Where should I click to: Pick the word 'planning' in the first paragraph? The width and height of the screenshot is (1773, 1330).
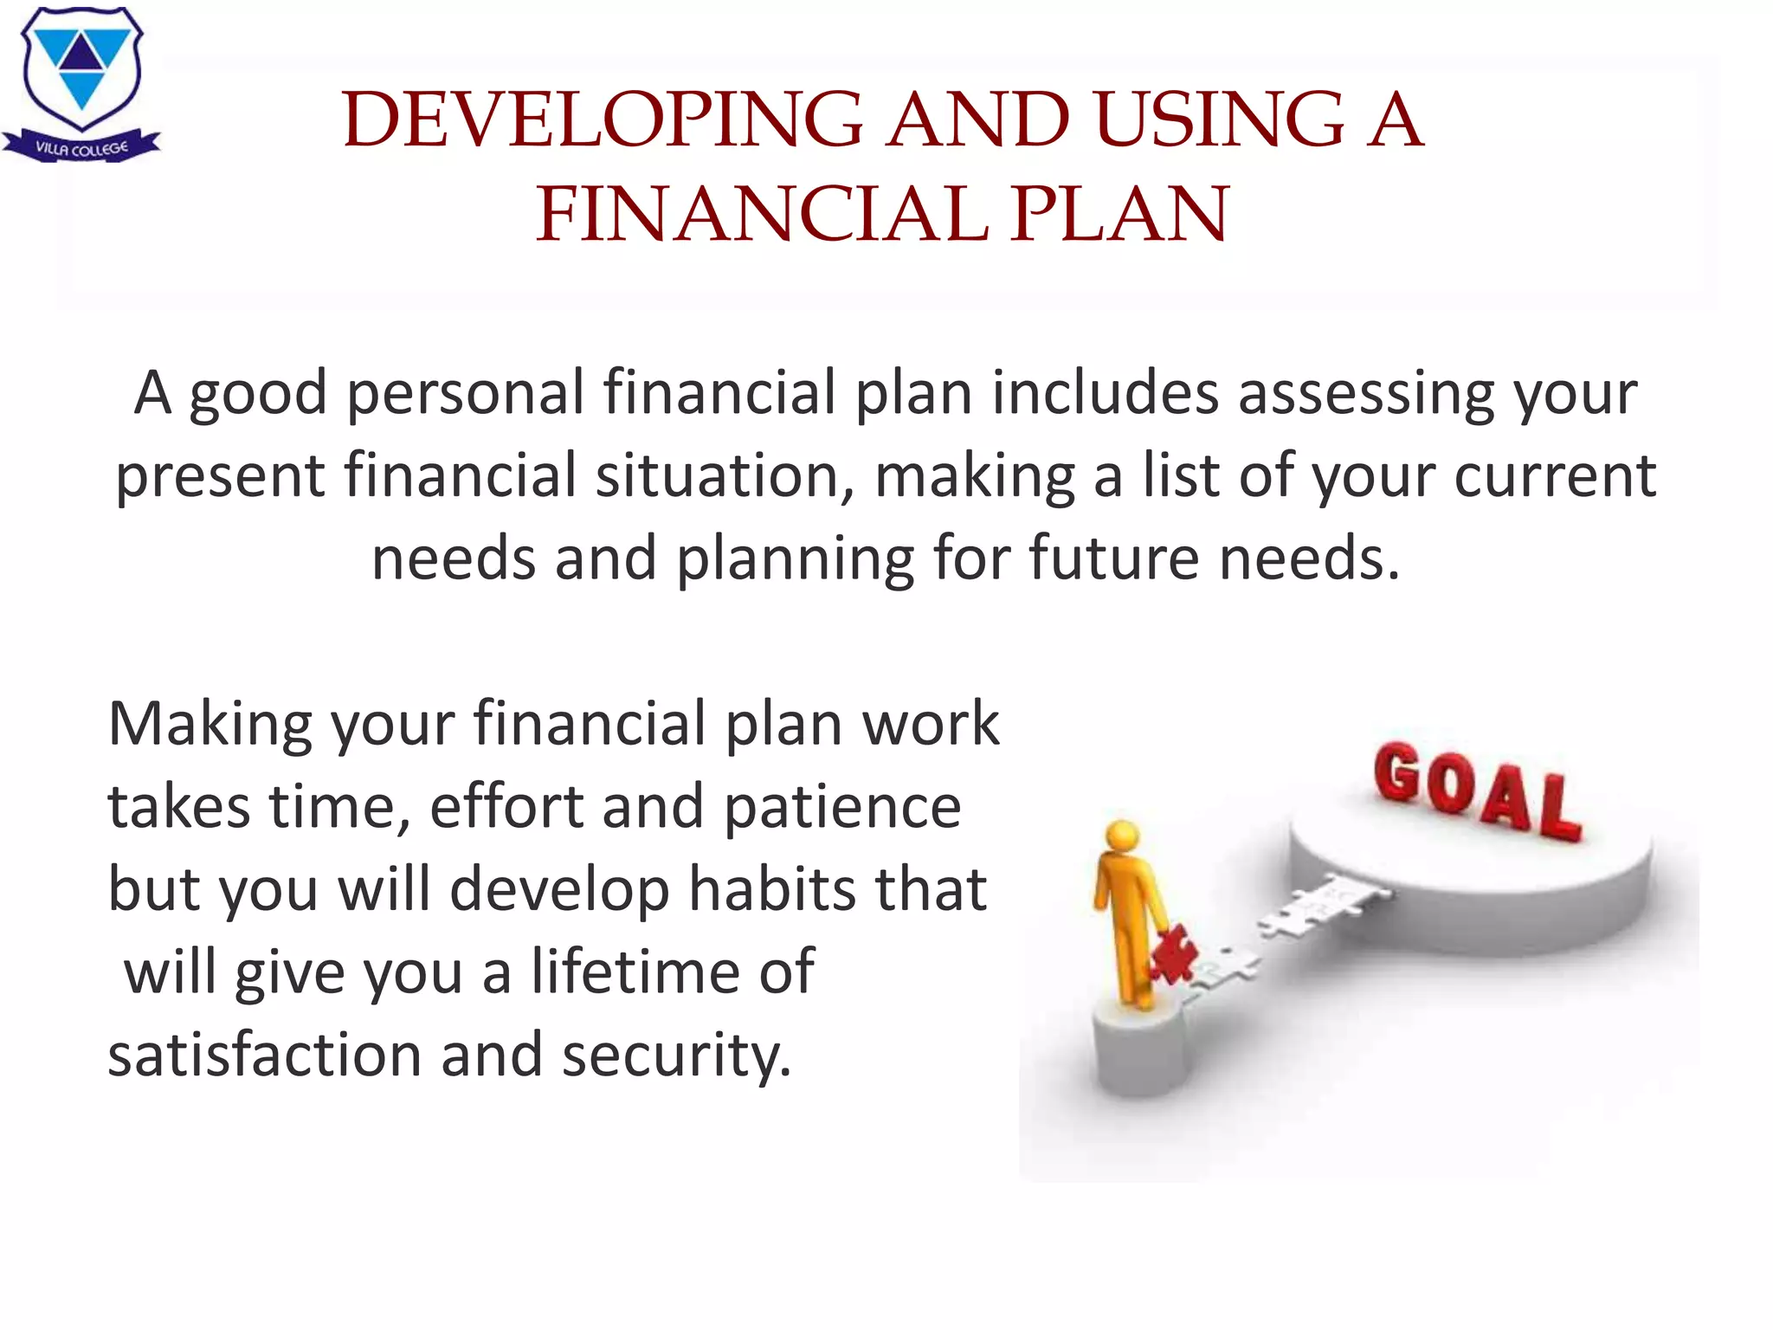(x=795, y=559)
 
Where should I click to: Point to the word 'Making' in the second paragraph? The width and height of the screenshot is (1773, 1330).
(x=210, y=724)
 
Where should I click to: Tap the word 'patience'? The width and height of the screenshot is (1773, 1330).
(x=841, y=807)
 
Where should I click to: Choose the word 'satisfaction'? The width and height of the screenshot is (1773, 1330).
(x=265, y=1055)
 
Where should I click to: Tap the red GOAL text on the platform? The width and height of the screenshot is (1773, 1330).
(x=1477, y=792)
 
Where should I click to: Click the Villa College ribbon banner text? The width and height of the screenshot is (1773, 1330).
(x=81, y=149)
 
